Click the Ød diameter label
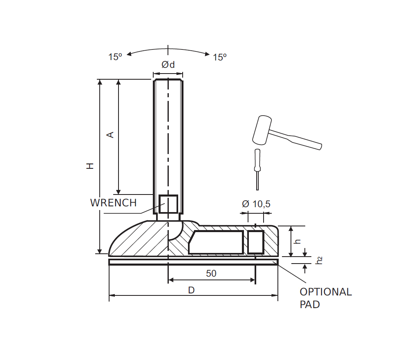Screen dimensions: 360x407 tap(168, 65)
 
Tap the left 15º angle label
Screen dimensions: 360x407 tap(115, 57)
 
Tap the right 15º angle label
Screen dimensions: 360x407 tap(219, 57)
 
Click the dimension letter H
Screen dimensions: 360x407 tap(90, 165)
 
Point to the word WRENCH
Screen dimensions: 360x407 tap(113, 203)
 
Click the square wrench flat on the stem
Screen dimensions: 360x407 tap(168, 204)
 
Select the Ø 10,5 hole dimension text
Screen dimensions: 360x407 tap(256, 203)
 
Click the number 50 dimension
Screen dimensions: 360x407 tap(211, 273)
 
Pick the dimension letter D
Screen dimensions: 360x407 tap(191, 290)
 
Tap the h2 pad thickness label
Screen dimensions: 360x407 tap(320, 260)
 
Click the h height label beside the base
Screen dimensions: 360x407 tap(298, 241)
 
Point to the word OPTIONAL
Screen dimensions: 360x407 tap(325, 292)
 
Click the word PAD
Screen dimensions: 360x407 tap(310, 304)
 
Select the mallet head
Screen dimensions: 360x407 tap(262, 130)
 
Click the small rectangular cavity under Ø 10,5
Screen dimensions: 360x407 tap(256, 241)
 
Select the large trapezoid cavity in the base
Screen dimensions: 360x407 tap(217, 242)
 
